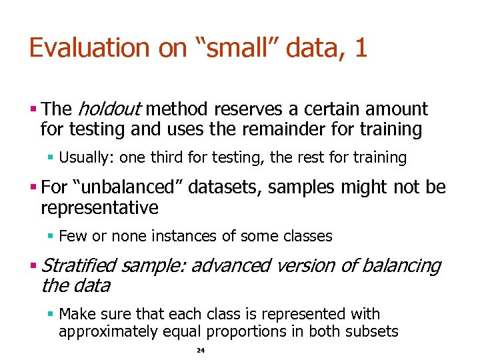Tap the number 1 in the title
click(361, 48)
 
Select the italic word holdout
click(109, 109)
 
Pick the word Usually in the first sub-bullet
click(85, 158)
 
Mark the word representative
click(99, 208)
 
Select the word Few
click(70, 236)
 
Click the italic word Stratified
click(79, 266)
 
